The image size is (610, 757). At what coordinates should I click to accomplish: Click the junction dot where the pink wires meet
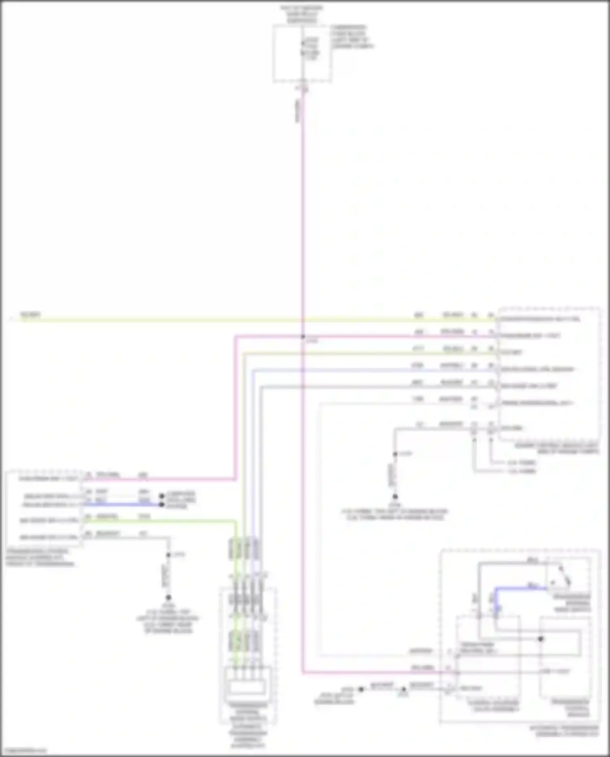point(303,337)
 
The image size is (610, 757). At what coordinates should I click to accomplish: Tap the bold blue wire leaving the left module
point(122,505)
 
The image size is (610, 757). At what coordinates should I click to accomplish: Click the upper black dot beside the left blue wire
point(161,496)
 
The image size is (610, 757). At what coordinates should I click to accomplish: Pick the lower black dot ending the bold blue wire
point(161,505)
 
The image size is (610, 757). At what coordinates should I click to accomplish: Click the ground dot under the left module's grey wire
point(168,598)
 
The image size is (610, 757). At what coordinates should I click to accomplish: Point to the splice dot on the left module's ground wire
point(168,555)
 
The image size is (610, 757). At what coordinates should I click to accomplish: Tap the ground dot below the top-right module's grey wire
point(395,497)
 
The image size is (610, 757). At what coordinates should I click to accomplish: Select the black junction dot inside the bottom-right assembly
point(541,639)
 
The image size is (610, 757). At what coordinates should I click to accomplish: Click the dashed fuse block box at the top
point(302,53)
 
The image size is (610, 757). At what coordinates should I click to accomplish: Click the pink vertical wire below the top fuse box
point(303,203)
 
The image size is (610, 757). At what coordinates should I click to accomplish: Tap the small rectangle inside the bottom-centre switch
point(246,688)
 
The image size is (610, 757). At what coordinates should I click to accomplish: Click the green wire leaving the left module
point(163,521)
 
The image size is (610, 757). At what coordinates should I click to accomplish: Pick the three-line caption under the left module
point(39,558)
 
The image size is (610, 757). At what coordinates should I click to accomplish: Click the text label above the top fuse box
point(301,14)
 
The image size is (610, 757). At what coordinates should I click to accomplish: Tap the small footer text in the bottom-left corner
point(24,751)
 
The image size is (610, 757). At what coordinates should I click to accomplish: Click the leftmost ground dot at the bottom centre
point(361,689)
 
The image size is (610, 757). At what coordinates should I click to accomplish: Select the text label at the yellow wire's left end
point(30,314)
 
